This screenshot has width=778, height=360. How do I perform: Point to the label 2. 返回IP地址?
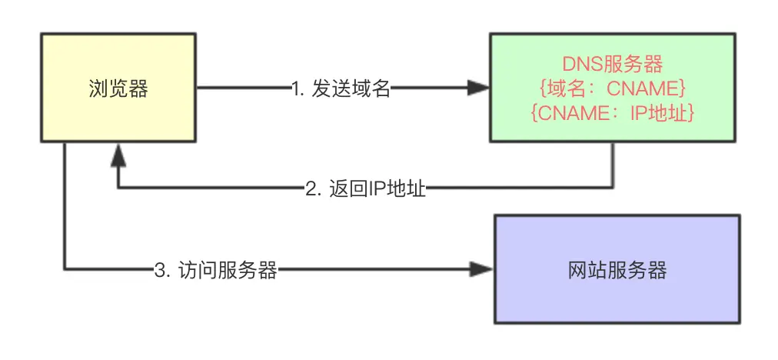tap(365, 188)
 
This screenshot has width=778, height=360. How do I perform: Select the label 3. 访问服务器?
tap(215, 270)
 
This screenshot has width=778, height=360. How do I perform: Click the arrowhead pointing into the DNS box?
tap(478, 88)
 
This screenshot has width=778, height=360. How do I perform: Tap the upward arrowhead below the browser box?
tap(117, 157)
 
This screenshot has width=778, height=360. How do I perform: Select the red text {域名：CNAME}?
tap(613, 88)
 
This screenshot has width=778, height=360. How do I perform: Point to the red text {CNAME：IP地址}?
tap(613, 112)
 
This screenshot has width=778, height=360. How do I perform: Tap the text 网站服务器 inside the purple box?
tap(617, 270)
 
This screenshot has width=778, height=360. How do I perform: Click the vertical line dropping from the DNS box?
tap(613, 165)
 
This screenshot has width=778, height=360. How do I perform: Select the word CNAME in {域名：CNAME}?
tap(639, 88)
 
